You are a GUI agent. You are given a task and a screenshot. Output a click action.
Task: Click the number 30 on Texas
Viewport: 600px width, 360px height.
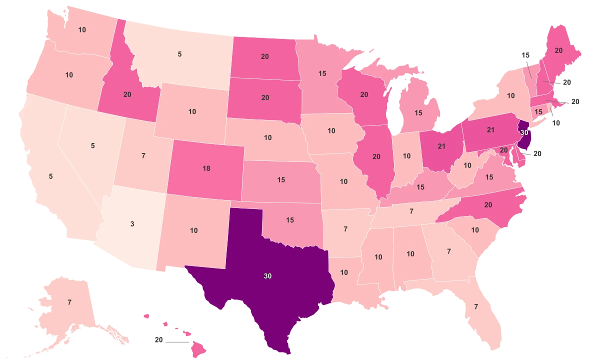tap(267, 275)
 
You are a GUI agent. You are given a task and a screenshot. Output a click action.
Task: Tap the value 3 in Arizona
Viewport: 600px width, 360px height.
tap(132, 224)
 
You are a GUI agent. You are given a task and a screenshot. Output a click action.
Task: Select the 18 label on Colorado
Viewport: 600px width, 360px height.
tap(206, 168)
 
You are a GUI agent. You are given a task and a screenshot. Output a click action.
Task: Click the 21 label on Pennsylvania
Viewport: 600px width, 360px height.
tap(490, 130)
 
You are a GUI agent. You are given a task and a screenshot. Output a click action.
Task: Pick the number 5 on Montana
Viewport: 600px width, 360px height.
tap(180, 54)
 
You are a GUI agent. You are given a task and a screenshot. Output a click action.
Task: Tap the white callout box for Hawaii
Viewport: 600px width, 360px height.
tap(159, 340)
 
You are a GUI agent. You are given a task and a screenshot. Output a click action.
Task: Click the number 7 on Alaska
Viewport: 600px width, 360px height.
tap(69, 302)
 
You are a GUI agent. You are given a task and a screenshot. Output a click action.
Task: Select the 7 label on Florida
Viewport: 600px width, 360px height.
tap(475, 306)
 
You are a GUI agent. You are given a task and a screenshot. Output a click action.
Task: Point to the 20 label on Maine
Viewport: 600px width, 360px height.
tap(558, 50)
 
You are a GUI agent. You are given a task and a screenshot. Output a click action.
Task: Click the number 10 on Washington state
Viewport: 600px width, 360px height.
tap(82, 30)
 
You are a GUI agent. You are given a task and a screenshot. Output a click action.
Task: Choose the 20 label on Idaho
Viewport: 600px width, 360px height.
tap(127, 94)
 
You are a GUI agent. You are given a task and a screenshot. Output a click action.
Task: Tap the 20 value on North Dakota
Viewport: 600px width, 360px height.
tap(265, 56)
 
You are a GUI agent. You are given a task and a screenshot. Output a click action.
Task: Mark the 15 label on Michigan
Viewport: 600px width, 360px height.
tap(418, 113)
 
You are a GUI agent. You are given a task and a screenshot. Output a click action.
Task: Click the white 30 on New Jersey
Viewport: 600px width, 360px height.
tap(524, 133)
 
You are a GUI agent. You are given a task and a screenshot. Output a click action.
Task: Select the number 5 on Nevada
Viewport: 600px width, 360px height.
tap(92, 145)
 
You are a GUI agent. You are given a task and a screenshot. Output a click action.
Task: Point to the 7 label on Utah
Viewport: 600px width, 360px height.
tap(143, 155)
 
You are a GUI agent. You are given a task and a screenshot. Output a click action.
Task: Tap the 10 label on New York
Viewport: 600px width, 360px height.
tap(510, 95)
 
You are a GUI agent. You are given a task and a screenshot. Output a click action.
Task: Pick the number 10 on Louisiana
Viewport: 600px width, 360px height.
tap(344, 272)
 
